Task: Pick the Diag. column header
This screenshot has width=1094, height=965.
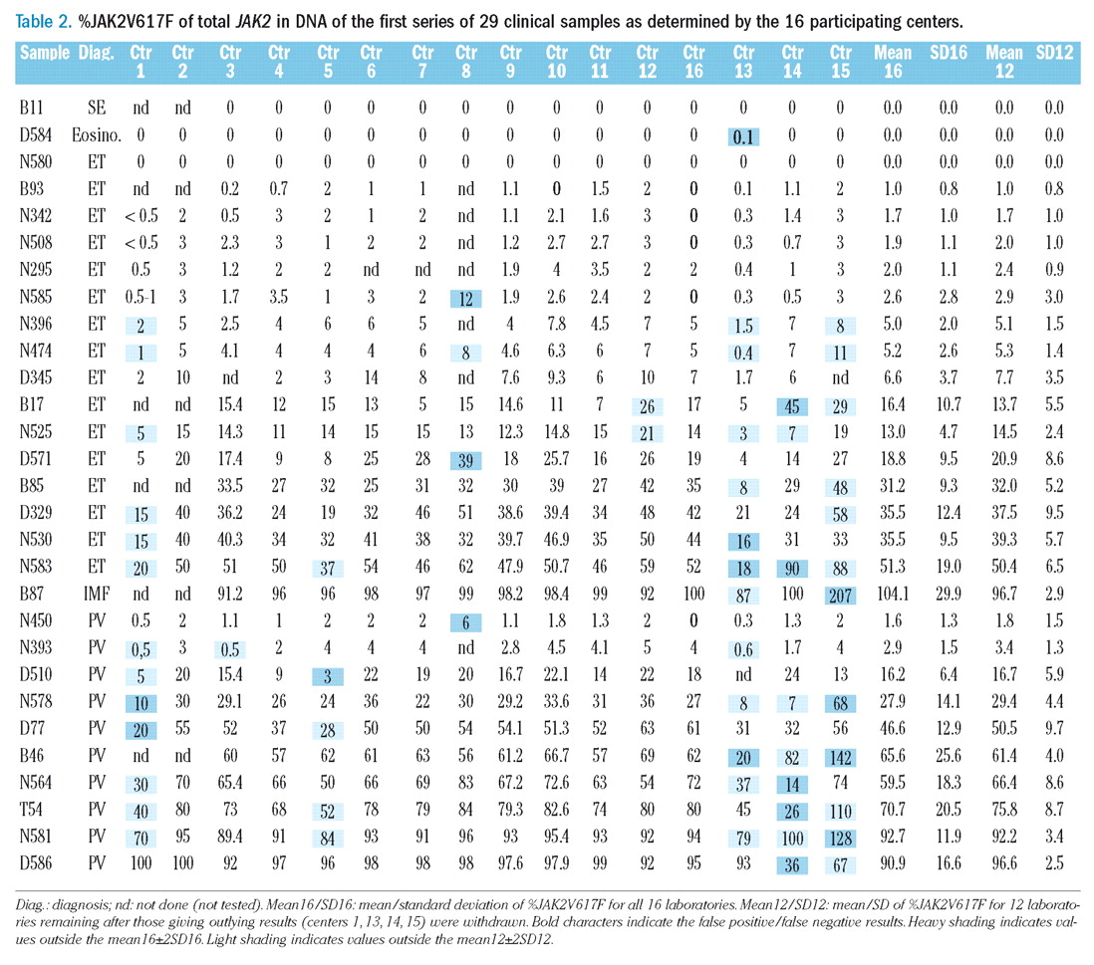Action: pyautogui.click(x=96, y=53)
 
